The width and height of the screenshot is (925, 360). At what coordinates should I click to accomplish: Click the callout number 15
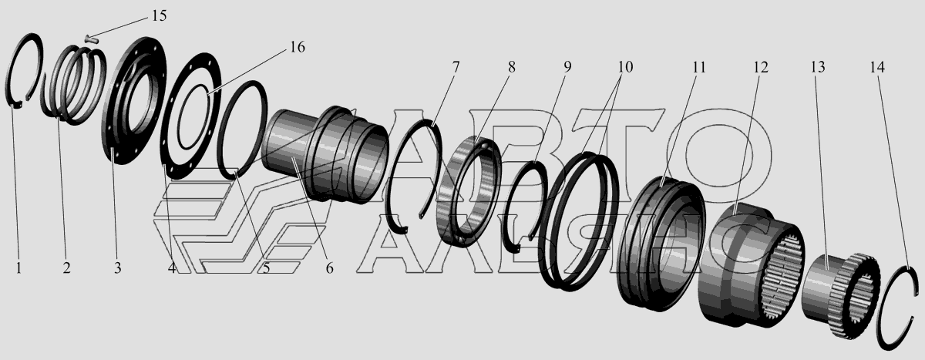point(159,16)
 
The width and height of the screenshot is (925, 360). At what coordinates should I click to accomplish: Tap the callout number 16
point(297,47)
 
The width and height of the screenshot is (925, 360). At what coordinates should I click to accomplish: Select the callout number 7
point(456,67)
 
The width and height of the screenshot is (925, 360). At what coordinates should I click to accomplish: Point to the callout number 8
point(512,67)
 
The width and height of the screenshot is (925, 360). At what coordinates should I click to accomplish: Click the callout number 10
point(626,67)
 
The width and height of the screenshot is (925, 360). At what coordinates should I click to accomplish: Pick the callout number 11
point(698,67)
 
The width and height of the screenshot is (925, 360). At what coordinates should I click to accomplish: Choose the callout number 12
point(760,67)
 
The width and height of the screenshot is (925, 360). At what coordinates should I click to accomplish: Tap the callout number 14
point(877,67)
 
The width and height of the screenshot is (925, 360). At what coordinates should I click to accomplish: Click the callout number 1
point(18,268)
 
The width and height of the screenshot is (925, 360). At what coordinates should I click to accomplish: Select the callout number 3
point(118,268)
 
